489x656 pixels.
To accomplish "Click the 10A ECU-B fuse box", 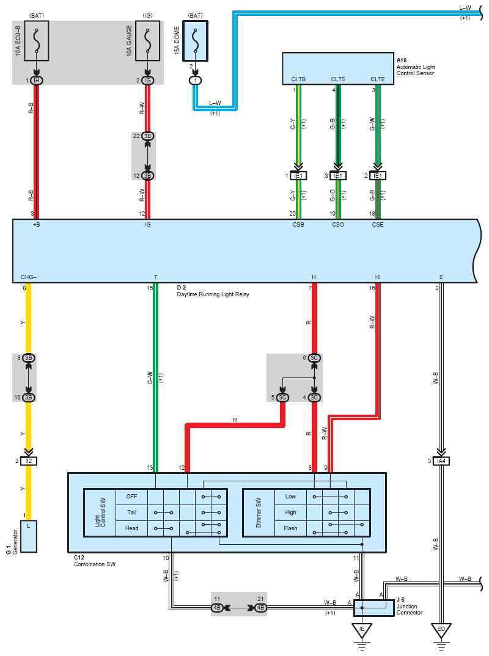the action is [37, 40].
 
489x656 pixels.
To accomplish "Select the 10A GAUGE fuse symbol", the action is [147, 40].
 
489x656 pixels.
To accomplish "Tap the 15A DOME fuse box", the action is [195, 41].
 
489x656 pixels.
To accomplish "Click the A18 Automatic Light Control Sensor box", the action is [338, 68].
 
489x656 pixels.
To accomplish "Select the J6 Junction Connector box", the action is [374, 608].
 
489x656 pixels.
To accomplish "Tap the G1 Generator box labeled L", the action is [29, 536].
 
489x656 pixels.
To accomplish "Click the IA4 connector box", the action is [441, 461].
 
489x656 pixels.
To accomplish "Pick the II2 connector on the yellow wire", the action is [29, 461].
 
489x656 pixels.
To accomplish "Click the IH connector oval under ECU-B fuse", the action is [37, 81].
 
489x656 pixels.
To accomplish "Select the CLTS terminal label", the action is [338, 79].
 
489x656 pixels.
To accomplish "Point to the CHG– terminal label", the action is [29, 277].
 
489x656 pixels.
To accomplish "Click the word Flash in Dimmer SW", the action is [290, 528].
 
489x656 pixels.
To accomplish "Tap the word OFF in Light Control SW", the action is [131, 496].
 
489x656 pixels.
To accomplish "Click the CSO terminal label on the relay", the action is [338, 225].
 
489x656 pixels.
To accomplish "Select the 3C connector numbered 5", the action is [282, 398].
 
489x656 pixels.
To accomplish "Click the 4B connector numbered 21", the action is [260, 608].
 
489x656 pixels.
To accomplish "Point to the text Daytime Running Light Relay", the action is [213, 294].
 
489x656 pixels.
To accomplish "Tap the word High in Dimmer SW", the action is [290, 512].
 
